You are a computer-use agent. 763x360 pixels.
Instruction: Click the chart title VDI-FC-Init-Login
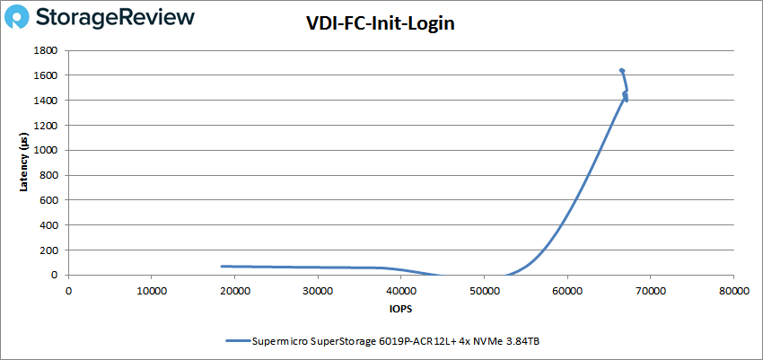coord(381,24)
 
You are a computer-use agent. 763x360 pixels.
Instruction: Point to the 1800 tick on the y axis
coord(50,50)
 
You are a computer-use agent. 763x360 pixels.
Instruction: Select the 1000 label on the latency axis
coord(50,150)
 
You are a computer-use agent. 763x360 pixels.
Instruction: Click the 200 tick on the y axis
coord(53,250)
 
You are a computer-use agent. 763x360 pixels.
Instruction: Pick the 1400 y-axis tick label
coord(50,101)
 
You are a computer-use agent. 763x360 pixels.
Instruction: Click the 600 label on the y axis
coord(53,200)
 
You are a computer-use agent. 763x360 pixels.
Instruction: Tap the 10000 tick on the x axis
coord(151,290)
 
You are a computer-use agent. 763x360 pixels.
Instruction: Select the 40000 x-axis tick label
coord(400,290)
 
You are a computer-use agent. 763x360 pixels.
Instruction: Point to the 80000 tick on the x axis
coord(733,290)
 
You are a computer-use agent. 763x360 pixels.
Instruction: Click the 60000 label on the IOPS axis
coord(567,290)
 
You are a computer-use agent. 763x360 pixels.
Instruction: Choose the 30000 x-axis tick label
coord(318,290)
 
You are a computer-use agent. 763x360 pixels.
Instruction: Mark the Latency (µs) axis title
coord(24,162)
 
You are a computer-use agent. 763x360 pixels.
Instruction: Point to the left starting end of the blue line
coord(222,266)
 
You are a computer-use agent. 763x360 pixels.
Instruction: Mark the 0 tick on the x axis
coord(68,290)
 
